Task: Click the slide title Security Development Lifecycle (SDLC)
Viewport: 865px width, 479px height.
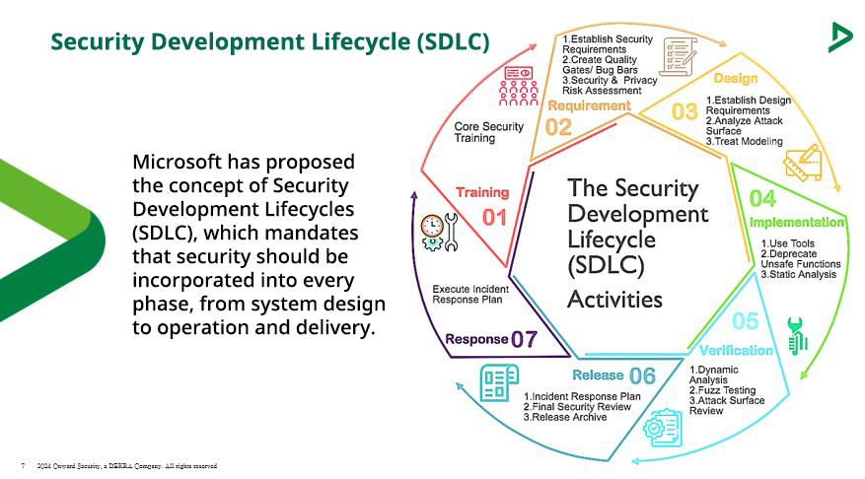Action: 269,41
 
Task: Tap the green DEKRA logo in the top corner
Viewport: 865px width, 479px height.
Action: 840,37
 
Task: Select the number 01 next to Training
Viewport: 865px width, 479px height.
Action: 493,216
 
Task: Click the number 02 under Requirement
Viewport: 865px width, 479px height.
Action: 558,126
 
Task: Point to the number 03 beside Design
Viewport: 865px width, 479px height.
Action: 685,111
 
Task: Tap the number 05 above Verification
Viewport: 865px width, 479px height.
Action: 746,322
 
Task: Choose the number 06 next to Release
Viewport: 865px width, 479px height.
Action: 642,376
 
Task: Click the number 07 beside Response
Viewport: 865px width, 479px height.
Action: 524,340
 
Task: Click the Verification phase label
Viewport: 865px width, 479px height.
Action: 736,350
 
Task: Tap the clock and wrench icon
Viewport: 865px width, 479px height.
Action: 438,233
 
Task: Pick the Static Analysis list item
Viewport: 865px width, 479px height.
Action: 801,274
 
